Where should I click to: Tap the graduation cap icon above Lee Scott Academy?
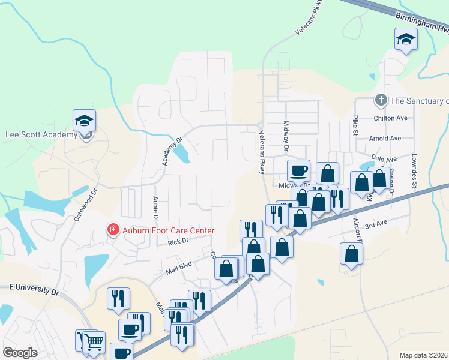pos(85,120)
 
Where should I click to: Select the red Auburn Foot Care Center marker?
pos(112,230)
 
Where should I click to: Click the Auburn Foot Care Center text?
pos(169,230)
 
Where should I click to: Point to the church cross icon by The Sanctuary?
pos(380,100)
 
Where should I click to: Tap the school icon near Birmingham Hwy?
pos(406,40)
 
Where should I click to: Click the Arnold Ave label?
pos(385,139)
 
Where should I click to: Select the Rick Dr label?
pos(178,241)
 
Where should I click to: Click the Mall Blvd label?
pos(178,268)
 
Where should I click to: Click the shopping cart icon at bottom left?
pos(93,342)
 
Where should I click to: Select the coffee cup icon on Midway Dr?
pos(298,170)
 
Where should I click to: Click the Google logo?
pos(20,353)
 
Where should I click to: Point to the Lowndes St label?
pos(414,171)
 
